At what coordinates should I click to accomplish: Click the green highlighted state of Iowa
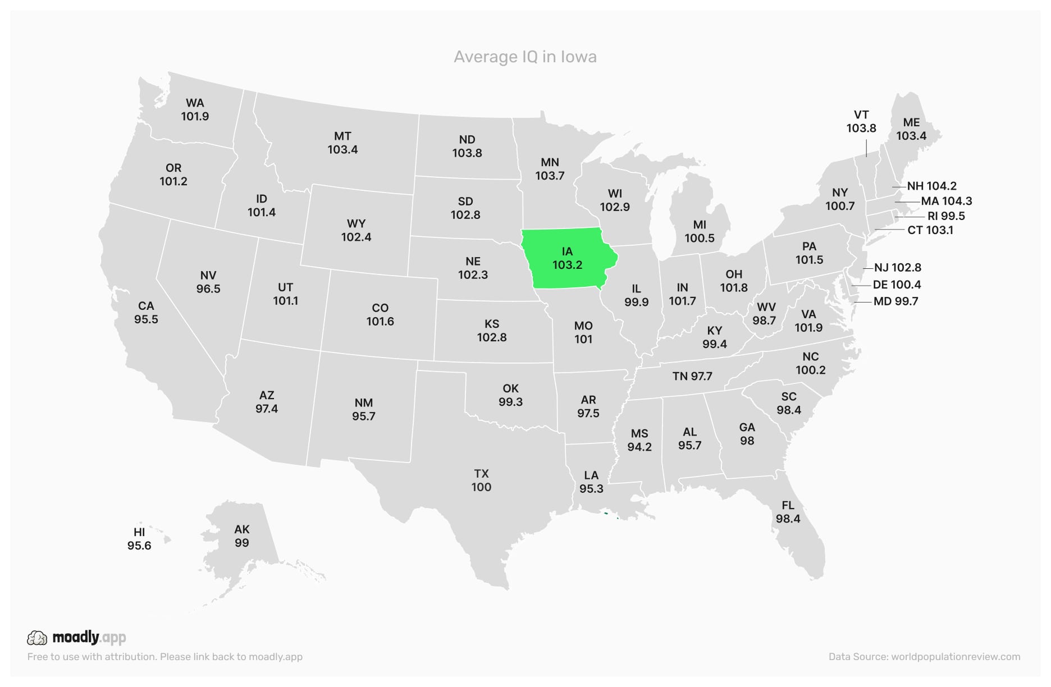click(x=567, y=258)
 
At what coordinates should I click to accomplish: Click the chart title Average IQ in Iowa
click(x=525, y=57)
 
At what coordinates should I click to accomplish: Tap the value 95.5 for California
click(x=146, y=319)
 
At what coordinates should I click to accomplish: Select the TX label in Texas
click(x=481, y=474)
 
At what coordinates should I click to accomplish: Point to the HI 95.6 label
click(x=139, y=539)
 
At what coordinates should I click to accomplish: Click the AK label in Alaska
click(x=242, y=529)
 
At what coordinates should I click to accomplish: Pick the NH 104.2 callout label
click(x=931, y=186)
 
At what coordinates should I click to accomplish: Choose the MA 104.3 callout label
click(x=946, y=201)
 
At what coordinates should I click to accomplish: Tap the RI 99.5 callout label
click(x=946, y=216)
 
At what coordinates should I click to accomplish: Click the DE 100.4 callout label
click(x=897, y=285)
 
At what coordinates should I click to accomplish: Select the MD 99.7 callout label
click(x=895, y=301)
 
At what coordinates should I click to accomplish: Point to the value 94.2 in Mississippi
click(x=639, y=447)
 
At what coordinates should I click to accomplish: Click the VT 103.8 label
click(x=861, y=121)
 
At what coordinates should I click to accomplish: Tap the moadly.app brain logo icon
click(x=38, y=638)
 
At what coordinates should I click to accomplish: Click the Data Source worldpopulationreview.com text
click(x=924, y=657)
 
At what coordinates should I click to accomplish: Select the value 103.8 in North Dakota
click(x=467, y=153)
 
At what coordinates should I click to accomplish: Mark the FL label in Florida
click(x=788, y=505)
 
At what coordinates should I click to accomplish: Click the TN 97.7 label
click(x=692, y=376)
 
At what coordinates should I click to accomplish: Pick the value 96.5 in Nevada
click(x=208, y=289)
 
